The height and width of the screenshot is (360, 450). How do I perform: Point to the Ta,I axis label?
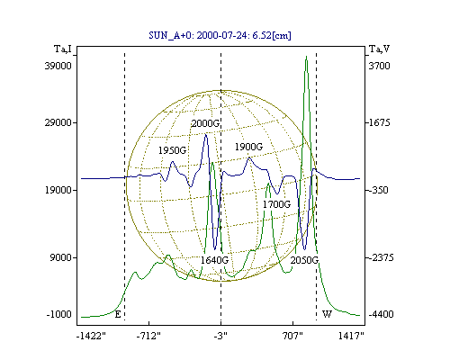click(x=63, y=49)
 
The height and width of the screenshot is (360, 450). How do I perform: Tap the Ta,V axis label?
click(x=380, y=49)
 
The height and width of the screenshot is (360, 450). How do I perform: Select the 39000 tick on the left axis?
click(x=58, y=66)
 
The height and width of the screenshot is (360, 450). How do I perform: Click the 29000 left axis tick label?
click(x=58, y=122)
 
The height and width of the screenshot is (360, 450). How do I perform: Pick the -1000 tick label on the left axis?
click(x=59, y=314)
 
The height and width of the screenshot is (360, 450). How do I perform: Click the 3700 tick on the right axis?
click(x=379, y=66)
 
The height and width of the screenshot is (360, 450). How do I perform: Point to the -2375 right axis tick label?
click(x=381, y=257)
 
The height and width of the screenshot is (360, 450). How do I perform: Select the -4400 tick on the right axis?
click(x=381, y=314)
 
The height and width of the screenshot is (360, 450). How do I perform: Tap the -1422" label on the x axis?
click(x=91, y=336)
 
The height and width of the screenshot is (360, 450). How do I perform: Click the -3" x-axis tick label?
click(x=220, y=336)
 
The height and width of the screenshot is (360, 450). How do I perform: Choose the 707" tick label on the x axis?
click(x=292, y=336)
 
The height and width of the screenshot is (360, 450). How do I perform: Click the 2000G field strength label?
click(x=205, y=123)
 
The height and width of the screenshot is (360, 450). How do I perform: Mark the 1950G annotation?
click(x=173, y=150)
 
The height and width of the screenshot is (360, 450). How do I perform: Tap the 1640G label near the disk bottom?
click(x=214, y=260)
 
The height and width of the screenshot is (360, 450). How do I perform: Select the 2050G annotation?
click(x=304, y=260)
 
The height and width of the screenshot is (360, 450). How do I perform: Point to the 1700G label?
click(x=277, y=204)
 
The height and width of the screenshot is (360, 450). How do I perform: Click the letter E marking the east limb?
click(x=118, y=314)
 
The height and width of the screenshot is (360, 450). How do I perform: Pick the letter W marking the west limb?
click(x=327, y=314)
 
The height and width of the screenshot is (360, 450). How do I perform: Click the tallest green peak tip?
click(x=306, y=56)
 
